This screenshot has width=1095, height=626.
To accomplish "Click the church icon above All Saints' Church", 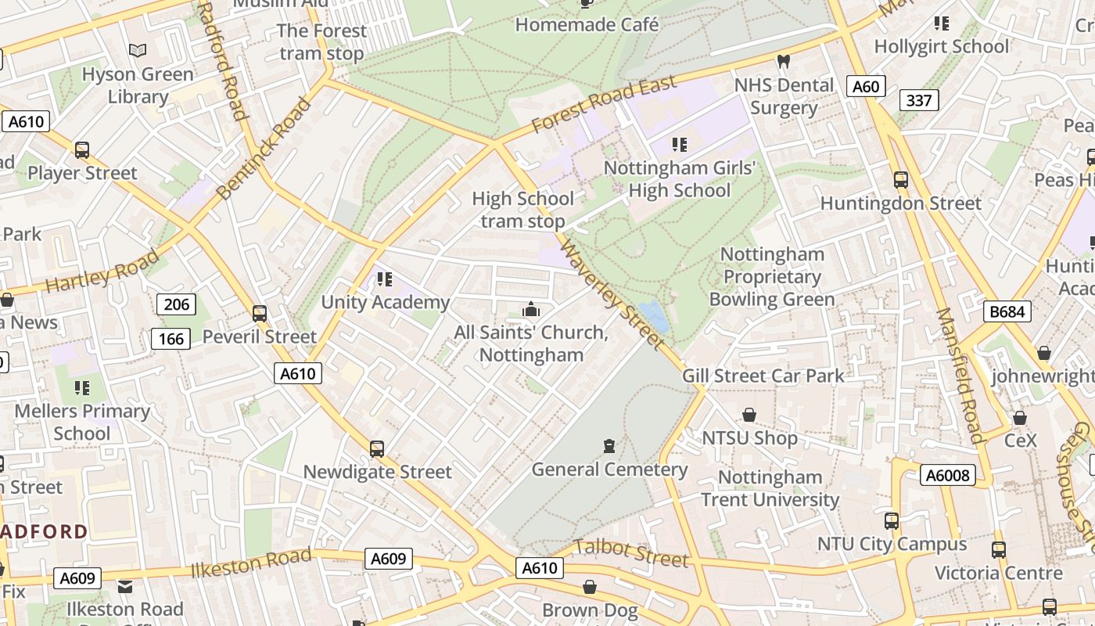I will point(531,310).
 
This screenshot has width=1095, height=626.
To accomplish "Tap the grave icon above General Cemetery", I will point(609,447).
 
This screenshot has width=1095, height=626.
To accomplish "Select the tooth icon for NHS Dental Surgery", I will point(784,61).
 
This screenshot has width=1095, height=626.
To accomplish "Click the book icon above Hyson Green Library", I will point(138,51).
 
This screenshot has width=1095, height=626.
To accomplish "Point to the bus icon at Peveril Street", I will point(260,314).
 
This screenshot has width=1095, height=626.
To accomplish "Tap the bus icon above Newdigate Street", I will point(377,449).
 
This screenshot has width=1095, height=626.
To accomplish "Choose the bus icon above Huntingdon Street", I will point(900,180).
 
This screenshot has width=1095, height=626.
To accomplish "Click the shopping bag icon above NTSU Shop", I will point(749,415).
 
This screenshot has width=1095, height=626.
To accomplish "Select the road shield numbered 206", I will point(176,304).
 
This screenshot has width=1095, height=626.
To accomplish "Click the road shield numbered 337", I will point(919,100).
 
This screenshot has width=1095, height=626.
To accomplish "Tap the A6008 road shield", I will point(947,475).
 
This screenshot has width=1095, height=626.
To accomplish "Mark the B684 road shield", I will point(1007,311).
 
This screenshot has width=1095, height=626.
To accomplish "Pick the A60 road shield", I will point(865,86).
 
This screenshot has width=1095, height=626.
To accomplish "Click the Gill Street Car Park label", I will point(763,376).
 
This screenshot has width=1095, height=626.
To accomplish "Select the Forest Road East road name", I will point(604,105).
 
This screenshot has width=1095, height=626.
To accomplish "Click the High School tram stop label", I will point(522,210).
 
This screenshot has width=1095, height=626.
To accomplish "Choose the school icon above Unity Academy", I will point(384,279).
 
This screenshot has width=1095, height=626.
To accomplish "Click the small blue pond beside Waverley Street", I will point(655,317).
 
